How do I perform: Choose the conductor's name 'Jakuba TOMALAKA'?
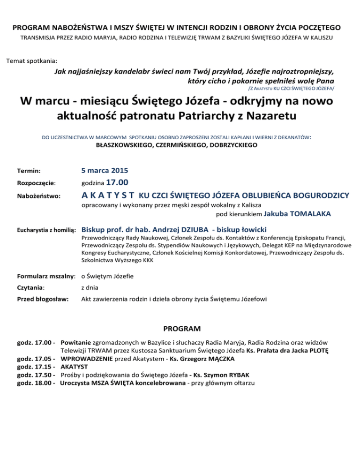coord(298,214)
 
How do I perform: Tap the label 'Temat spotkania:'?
coord(31,61)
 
